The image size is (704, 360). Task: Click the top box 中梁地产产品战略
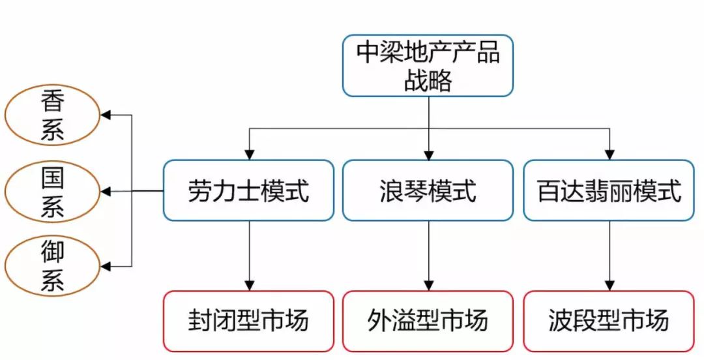point(428,66)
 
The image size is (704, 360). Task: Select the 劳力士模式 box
point(248,190)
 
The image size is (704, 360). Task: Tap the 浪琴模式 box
point(428,190)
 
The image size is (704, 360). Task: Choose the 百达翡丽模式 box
point(609,190)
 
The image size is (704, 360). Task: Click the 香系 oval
point(52,115)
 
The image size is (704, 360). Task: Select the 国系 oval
point(52,191)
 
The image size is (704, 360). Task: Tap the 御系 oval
point(52,265)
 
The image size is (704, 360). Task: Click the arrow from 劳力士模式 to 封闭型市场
point(248,254)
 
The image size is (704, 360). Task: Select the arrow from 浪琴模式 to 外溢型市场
point(428,254)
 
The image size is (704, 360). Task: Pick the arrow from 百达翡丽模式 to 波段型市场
point(609,254)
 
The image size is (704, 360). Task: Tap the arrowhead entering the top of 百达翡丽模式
point(609,154)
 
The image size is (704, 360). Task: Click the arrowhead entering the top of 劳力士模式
point(248,154)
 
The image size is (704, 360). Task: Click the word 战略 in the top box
point(428,81)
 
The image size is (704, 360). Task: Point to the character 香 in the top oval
point(52,102)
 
